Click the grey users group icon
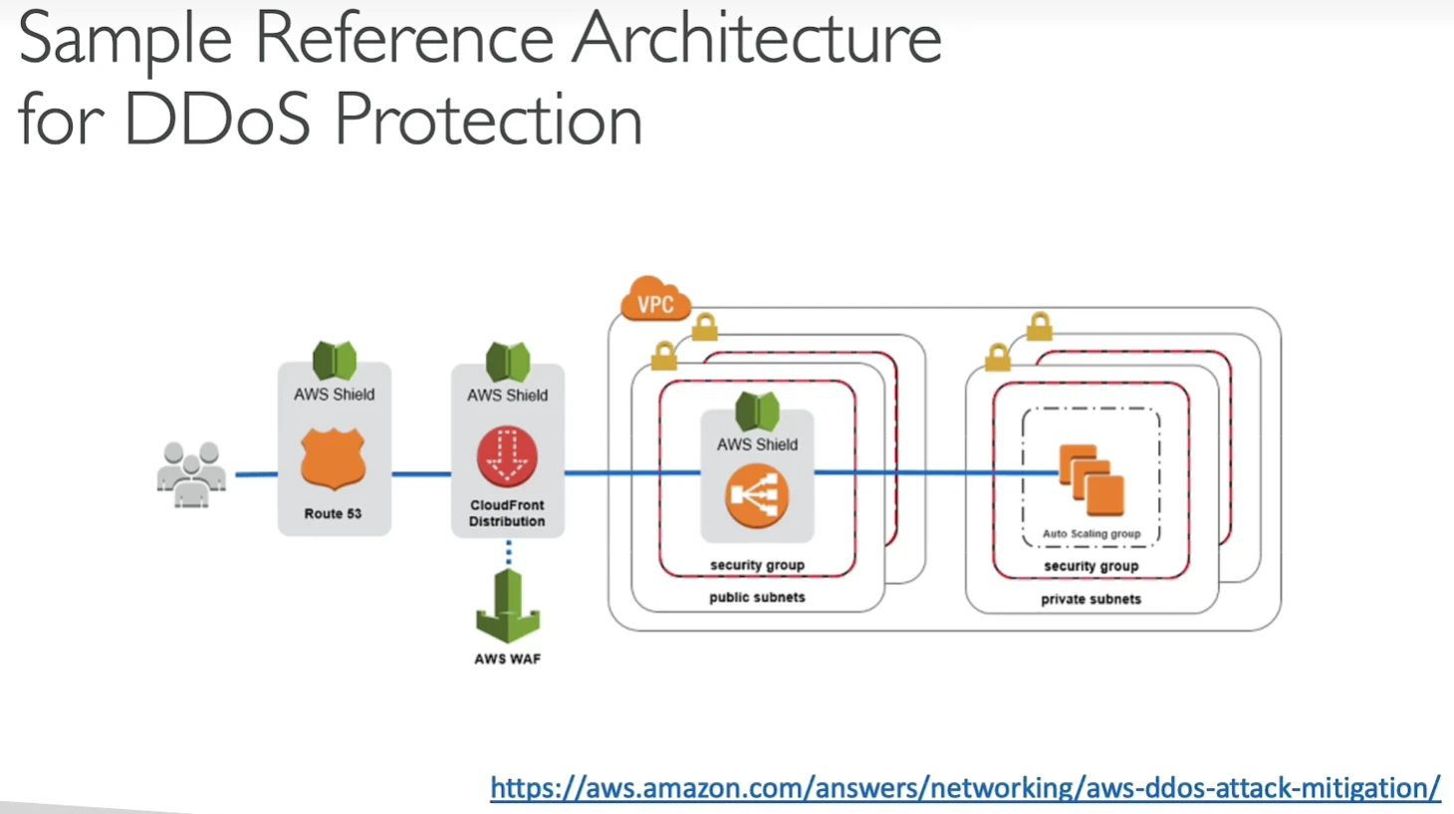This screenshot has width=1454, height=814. (191, 474)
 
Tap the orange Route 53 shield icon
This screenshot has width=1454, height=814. (334, 458)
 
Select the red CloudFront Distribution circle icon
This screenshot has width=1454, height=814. (508, 456)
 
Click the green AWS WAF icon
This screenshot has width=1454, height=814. (508, 606)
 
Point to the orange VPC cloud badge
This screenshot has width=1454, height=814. (655, 299)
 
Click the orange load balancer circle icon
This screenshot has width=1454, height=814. (757, 495)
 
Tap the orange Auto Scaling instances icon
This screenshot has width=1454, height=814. (1091, 480)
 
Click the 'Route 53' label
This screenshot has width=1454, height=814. (333, 513)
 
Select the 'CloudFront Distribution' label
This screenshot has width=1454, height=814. (507, 513)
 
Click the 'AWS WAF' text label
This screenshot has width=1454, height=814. (508, 659)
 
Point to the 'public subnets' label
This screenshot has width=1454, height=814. (757, 597)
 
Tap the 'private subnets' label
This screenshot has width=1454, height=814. (1091, 599)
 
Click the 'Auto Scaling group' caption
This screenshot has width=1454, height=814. (1091, 533)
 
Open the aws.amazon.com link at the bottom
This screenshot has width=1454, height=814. (965, 788)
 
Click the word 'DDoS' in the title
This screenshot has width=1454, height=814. (217, 119)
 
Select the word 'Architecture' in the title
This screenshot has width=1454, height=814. (757, 38)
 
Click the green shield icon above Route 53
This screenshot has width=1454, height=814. (335, 361)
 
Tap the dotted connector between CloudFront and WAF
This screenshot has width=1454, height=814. (508, 553)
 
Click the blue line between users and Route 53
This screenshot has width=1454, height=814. (256, 474)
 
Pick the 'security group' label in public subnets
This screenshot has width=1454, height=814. (758, 565)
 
